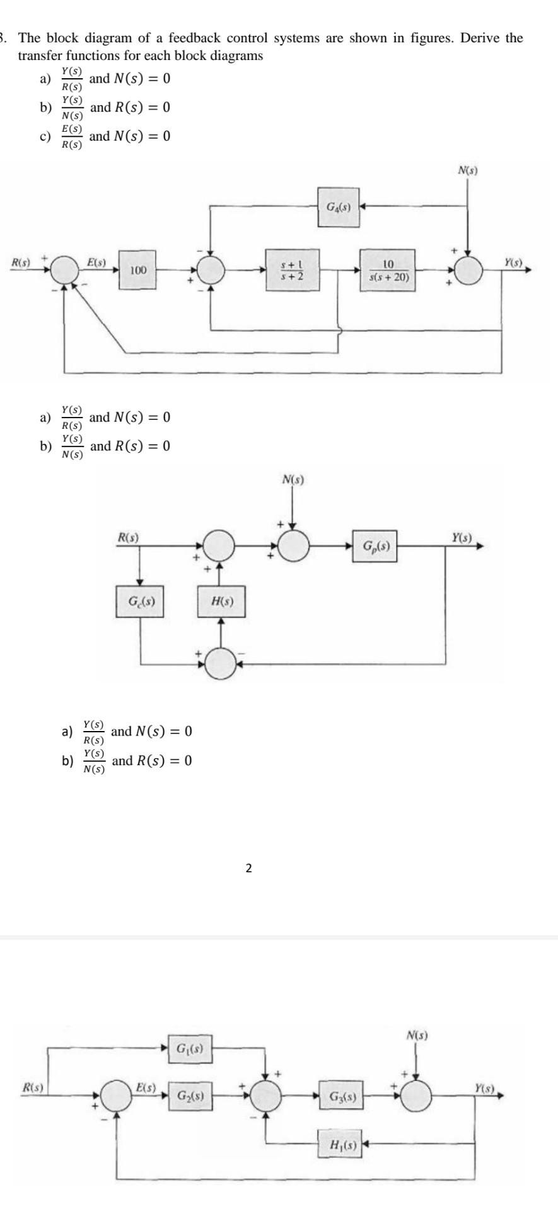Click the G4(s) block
tap(339, 206)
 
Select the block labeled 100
tap(137, 270)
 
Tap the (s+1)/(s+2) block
tap(292, 270)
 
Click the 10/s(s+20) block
tap(388, 270)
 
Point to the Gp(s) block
tap(375, 546)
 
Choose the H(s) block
tap(221, 601)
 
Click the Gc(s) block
tap(140, 601)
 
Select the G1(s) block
tap(190, 1050)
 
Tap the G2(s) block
tap(190, 1096)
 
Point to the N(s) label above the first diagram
tap(467, 170)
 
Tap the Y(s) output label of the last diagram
tap(486, 1088)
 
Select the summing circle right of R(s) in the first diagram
tap(64, 271)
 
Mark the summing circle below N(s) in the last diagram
tap(416, 1096)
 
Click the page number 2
tap(248, 869)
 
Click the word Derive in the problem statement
tap(482, 38)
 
